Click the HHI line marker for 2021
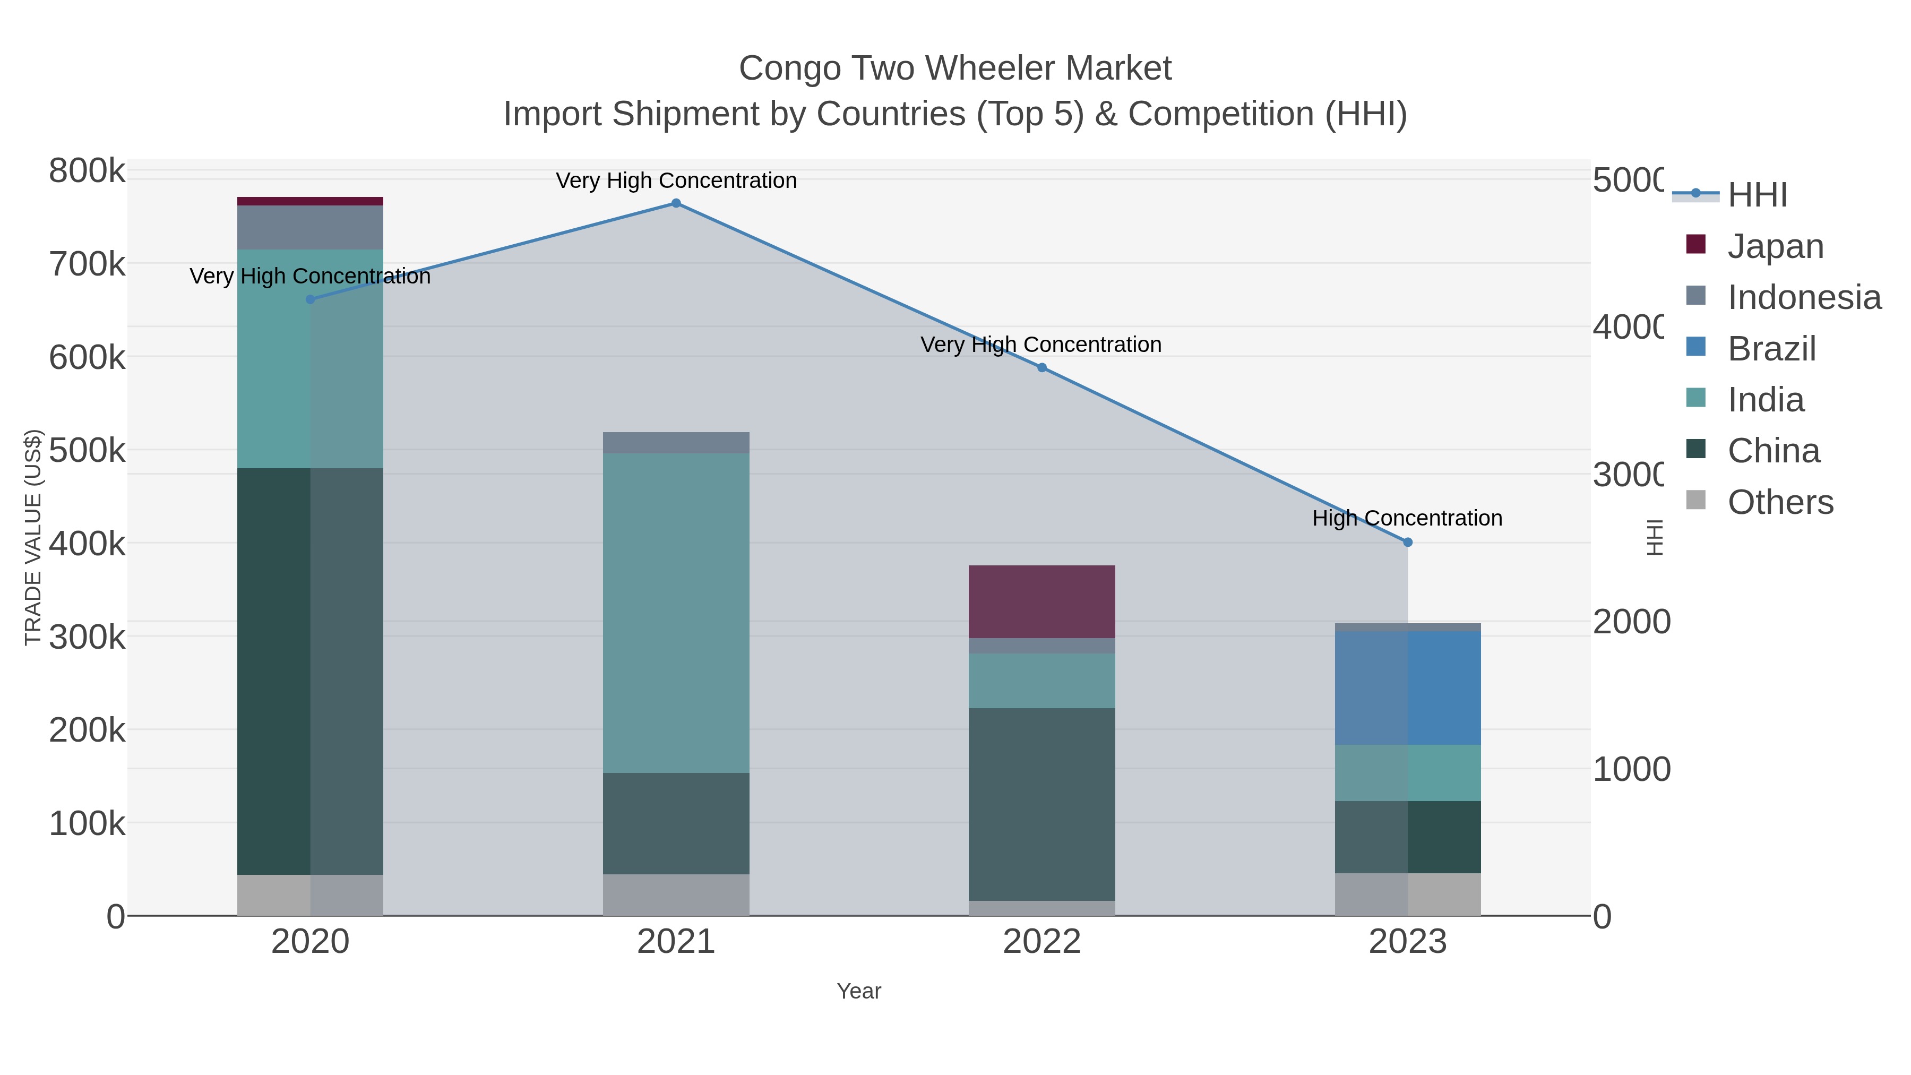point(676,203)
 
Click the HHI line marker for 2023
point(1408,543)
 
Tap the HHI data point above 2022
point(1041,368)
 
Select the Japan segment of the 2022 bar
point(1041,601)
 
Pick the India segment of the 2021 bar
point(676,613)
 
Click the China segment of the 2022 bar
point(1041,804)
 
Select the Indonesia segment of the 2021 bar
point(676,443)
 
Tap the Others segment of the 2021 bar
point(676,895)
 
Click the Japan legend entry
point(1775,246)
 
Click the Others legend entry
point(1780,502)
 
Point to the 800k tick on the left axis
point(87,171)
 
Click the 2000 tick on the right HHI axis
point(1631,622)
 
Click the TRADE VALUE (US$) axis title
point(33,537)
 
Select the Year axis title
point(858,991)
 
